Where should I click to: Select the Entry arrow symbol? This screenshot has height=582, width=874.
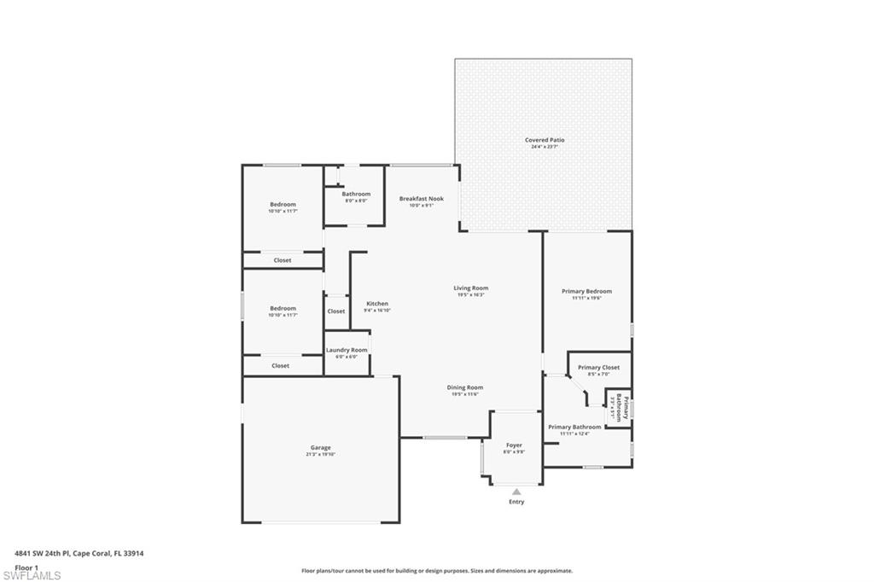pos(516,492)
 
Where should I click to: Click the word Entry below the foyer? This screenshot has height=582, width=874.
pos(516,502)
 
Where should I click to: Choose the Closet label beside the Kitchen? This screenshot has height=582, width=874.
pos(336,311)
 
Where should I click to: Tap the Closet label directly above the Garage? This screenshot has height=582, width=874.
pos(281,365)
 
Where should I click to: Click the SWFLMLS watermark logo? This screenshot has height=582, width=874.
pos(32,575)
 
